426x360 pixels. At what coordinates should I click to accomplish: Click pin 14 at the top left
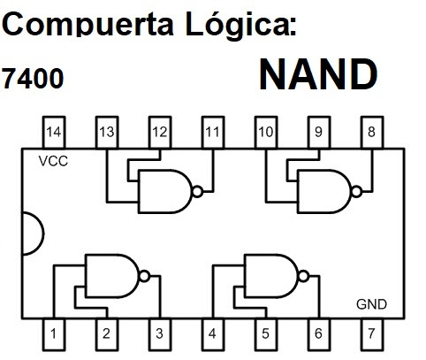click(55, 133)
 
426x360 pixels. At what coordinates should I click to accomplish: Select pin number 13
click(107, 133)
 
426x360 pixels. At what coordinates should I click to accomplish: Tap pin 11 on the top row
click(213, 133)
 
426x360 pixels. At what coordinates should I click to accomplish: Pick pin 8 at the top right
click(371, 133)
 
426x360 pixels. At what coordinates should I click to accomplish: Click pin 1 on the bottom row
click(55, 333)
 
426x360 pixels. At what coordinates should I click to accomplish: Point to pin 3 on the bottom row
click(159, 333)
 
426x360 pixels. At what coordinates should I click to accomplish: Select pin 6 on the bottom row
click(318, 333)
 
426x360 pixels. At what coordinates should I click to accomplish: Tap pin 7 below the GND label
click(371, 333)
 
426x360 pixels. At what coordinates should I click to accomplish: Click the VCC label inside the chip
click(53, 162)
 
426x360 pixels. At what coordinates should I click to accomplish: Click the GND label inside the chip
click(371, 304)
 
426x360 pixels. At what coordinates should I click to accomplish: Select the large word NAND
click(318, 76)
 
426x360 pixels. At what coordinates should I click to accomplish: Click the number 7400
click(33, 80)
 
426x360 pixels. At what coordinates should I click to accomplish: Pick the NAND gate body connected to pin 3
click(112, 274)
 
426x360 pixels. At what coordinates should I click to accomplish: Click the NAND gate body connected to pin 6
click(270, 274)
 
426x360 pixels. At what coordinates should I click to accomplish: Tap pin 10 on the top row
click(265, 133)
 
